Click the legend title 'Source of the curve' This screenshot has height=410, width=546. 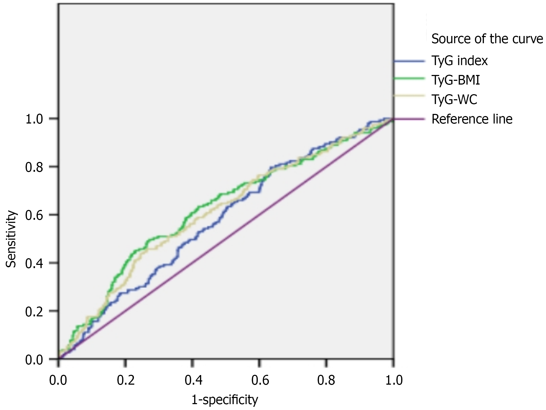click(x=487, y=39)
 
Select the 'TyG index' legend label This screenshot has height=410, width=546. click(x=459, y=61)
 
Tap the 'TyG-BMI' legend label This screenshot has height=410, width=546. click(x=456, y=80)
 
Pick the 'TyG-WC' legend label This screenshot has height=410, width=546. click(x=454, y=100)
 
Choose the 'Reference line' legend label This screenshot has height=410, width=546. click(x=472, y=119)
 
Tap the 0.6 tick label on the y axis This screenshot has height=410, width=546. click(x=34, y=215)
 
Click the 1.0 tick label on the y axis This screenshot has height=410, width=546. click(x=34, y=119)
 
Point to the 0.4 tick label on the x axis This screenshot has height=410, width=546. click(x=193, y=380)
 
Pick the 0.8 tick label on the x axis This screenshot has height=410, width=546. click(x=326, y=380)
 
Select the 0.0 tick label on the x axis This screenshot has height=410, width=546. click(x=58, y=380)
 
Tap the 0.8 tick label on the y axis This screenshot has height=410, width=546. click(x=34, y=167)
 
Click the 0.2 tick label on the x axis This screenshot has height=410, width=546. click(x=126, y=380)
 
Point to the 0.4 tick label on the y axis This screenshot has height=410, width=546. click(x=34, y=263)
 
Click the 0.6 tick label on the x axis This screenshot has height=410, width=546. click(x=260, y=380)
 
